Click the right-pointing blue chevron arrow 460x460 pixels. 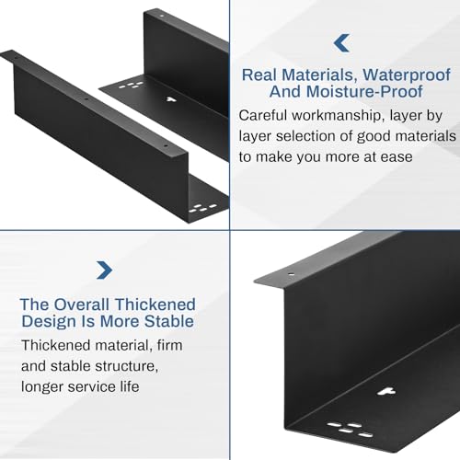pos(105,270)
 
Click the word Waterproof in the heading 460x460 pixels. pos(407,75)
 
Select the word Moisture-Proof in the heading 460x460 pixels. pos(364,91)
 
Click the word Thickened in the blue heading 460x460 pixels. pos(155,305)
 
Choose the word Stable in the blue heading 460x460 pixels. pos(169,321)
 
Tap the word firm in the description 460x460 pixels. pos(169,345)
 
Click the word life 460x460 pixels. pos(130,386)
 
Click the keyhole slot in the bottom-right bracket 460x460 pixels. pos(386,392)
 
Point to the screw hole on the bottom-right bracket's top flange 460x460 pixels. pos(291,275)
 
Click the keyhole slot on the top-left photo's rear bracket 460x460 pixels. pos(170,99)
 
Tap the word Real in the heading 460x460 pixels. pos(259,75)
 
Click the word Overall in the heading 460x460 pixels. pos(82,305)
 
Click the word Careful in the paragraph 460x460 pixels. pos(263,116)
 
